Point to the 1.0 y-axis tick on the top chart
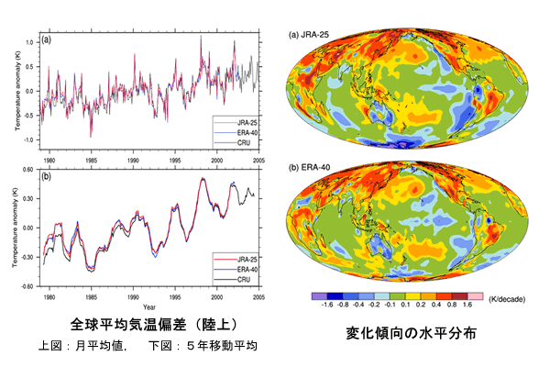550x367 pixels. coord(30,42)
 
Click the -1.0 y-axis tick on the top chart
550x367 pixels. coord(28,140)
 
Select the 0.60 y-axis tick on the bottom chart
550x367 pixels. coord(27,170)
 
